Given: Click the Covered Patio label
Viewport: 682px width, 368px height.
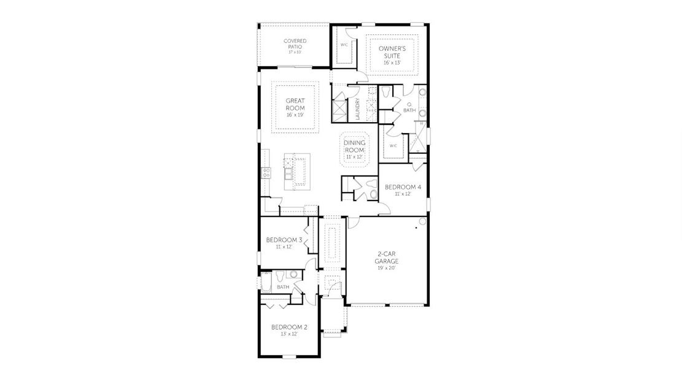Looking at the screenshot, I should pyautogui.click(x=295, y=44).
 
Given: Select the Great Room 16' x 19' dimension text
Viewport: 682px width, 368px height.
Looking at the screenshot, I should pyautogui.click(x=295, y=115).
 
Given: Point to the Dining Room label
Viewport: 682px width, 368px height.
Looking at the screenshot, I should pyautogui.click(x=354, y=146).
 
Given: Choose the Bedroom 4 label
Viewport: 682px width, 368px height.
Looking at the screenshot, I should pyautogui.click(x=402, y=186).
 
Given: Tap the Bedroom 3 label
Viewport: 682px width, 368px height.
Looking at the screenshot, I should pyautogui.click(x=284, y=240).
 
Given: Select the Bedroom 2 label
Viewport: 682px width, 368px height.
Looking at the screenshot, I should pyautogui.click(x=289, y=327).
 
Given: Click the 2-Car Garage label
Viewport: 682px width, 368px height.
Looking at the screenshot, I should pyautogui.click(x=387, y=256).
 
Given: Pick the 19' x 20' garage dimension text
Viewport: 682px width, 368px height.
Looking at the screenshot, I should pyautogui.click(x=387, y=268).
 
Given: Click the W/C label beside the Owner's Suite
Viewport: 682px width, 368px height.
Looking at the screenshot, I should pyautogui.click(x=344, y=45).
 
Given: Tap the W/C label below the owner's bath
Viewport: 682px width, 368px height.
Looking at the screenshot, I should pyautogui.click(x=393, y=145).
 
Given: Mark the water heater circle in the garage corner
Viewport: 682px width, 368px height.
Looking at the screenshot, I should pyautogui.click(x=422, y=221).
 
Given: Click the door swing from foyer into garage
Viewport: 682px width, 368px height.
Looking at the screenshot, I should pyautogui.click(x=353, y=222).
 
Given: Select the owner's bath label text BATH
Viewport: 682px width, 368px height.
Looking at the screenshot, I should pyautogui.click(x=409, y=110).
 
